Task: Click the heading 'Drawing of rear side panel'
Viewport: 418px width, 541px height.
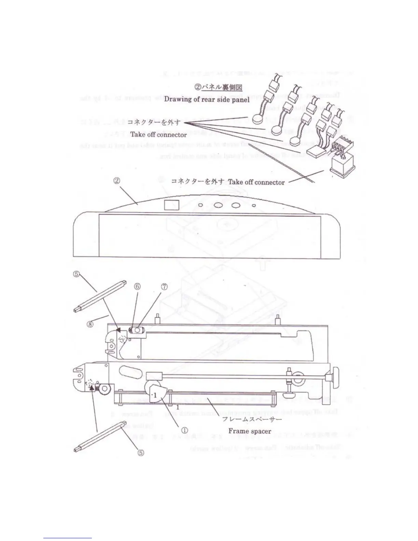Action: click(x=207, y=99)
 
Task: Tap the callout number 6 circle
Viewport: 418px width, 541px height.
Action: click(x=137, y=286)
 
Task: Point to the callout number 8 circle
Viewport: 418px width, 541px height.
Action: click(x=90, y=323)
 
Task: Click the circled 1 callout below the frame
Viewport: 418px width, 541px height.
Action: click(x=184, y=430)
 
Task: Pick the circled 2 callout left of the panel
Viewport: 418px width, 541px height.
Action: click(x=116, y=180)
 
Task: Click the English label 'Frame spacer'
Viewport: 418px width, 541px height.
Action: click(x=250, y=431)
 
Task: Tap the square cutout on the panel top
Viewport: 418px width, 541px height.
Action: click(x=172, y=205)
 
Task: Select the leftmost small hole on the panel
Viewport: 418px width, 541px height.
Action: click(x=200, y=205)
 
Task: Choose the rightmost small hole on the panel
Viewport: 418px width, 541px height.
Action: click(x=254, y=205)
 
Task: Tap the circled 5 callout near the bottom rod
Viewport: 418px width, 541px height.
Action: click(x=141, y=453)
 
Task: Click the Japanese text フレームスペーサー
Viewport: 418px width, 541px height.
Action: click(x=252, y=419)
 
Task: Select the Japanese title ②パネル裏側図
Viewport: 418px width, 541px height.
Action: click(x=219, y=87)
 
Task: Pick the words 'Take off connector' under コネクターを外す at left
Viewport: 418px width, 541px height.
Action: click(x=158, y=135)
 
